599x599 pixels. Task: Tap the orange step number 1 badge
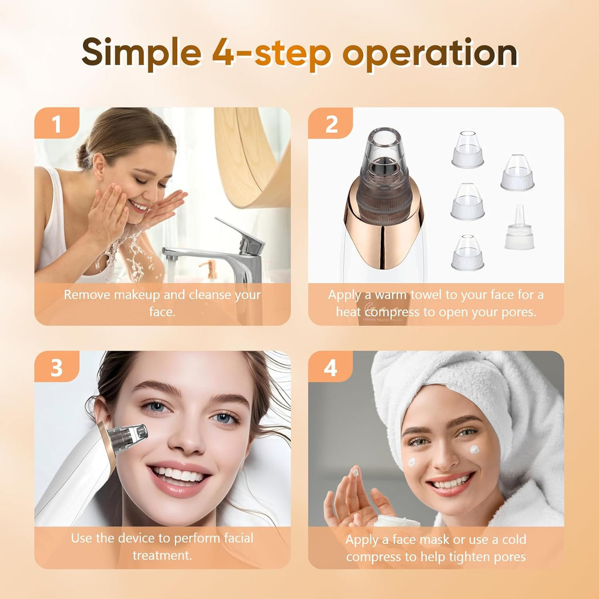coord(56,124)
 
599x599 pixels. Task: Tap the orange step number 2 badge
coord(331,124)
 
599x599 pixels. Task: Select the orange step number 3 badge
coord(56,367)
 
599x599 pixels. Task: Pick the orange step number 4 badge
coord(331,367)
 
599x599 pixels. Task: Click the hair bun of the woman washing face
coord(85,155)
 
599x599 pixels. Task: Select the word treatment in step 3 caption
coord(162,555)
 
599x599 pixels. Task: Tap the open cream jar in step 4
coord(397,521)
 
